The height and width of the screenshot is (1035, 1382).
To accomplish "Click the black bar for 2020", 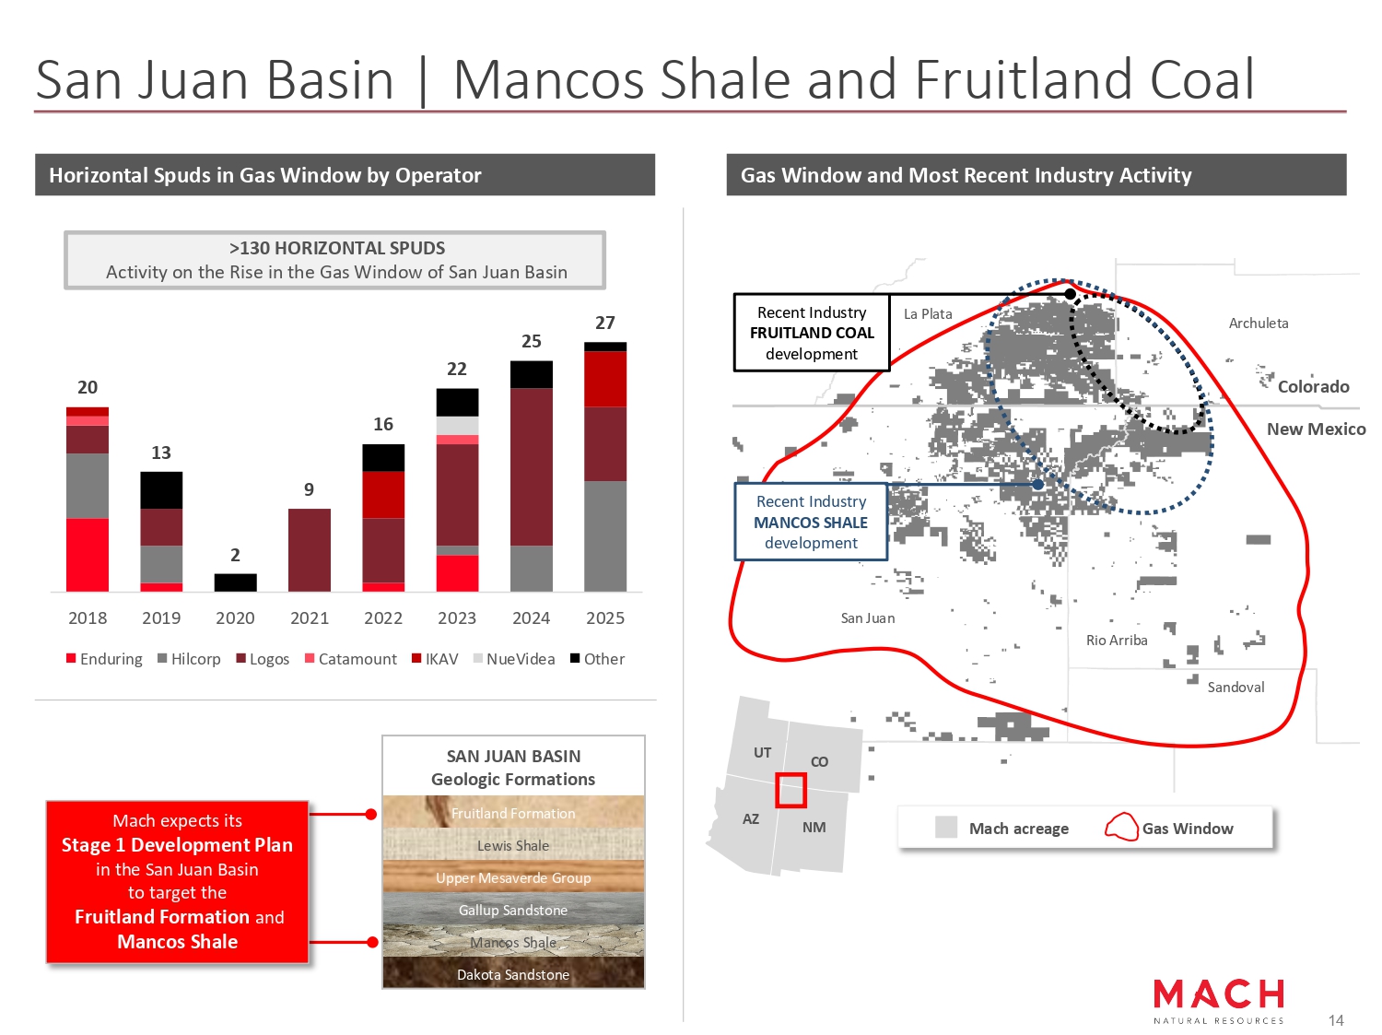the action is click(235, 582).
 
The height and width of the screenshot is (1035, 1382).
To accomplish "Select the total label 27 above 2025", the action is click(604, 323).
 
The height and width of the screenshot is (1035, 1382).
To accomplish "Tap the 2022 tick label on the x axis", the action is click(382, 617).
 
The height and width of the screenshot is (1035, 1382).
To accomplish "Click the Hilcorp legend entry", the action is click(189, 659).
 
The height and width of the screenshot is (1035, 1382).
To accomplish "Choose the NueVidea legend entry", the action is click(514, 659).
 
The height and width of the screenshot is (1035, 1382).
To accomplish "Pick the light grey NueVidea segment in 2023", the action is click(457, 426).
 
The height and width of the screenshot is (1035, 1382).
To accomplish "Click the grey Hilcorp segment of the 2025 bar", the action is click(605, 536).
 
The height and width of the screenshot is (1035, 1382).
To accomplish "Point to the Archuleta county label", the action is click(1258, 323).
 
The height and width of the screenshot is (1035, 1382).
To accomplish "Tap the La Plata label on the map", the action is click(928, 313).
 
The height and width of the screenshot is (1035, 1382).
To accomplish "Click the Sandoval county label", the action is click(1236, 687).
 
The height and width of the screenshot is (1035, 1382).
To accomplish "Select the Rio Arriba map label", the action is click(1117, 640).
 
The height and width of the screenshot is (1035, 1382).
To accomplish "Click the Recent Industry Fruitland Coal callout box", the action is click(812, 333).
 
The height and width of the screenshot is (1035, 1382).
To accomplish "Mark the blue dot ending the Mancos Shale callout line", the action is click(1037, 484).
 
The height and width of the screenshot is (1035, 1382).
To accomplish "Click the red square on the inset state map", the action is click(791, 790).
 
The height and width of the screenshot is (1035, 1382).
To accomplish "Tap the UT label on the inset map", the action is click(762, 752).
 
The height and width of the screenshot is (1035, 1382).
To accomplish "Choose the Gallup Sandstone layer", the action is click(513, 909).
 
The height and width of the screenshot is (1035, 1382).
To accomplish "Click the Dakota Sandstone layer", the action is click(513, 973).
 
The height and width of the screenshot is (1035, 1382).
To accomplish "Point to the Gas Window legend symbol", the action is click(1121, 827).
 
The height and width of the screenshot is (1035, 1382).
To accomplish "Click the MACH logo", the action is click(1218, 1001).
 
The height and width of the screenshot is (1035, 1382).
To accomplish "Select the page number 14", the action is click(1336, 1020).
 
